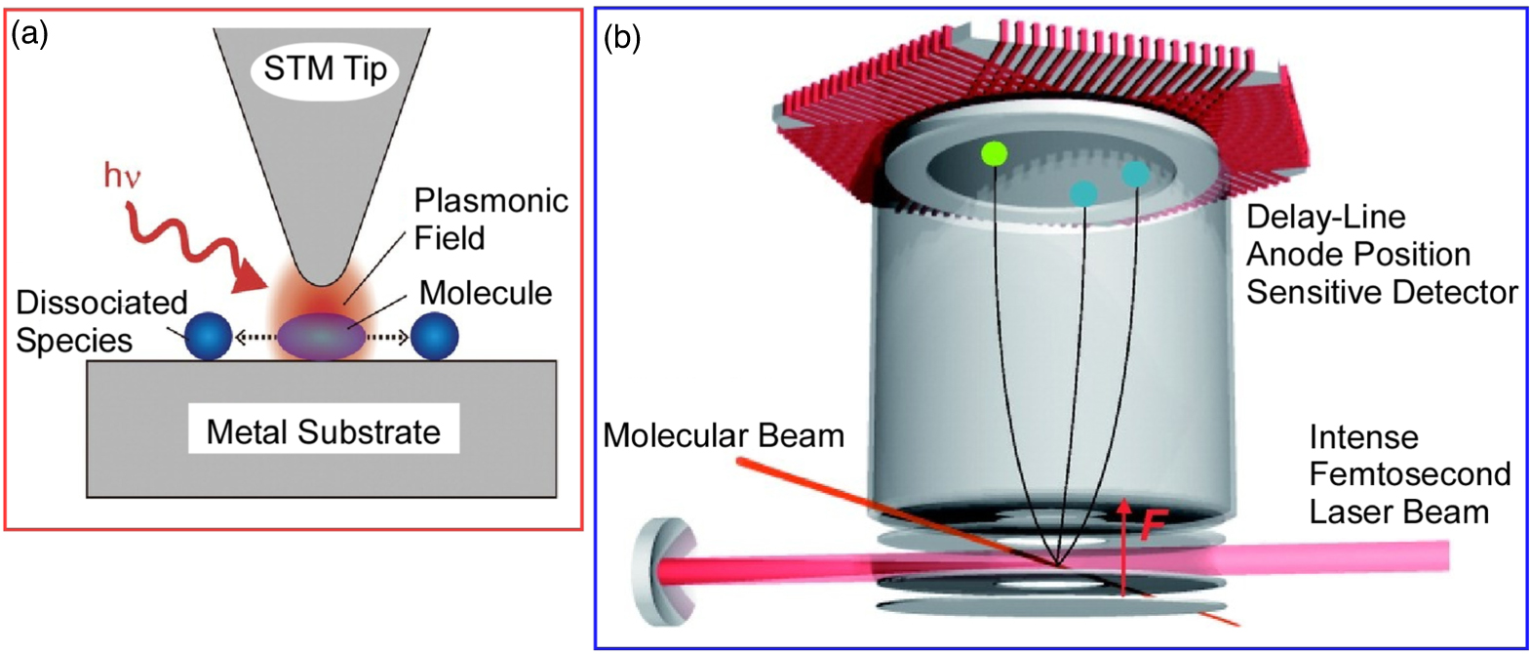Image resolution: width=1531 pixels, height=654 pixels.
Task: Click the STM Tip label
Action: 325,69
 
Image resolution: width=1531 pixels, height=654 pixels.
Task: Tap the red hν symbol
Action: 123,176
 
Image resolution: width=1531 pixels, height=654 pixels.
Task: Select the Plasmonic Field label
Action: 491,219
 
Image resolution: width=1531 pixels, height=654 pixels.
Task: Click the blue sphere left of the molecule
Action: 208,337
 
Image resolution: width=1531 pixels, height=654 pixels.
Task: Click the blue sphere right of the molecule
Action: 435,337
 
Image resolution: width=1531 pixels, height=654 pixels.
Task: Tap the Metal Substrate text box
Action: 324,431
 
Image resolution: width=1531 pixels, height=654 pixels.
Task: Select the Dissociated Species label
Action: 100,321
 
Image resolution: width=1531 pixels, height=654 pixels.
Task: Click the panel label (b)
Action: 622,38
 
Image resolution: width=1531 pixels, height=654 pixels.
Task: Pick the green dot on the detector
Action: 994,153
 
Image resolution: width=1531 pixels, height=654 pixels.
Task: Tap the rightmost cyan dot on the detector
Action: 1135,175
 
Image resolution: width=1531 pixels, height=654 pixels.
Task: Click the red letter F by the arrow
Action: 1154,525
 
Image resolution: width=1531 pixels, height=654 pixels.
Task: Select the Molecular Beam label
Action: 724,435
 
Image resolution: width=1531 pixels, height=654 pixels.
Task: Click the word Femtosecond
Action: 1409,474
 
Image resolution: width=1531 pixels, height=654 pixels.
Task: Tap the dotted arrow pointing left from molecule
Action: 255,338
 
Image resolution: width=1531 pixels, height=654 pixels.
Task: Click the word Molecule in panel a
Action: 485,293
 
